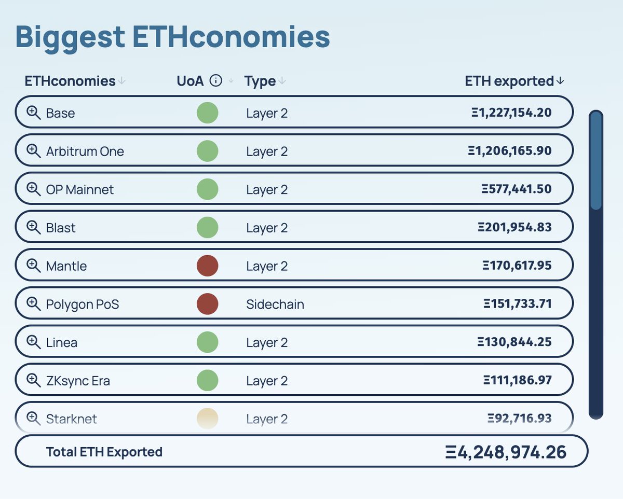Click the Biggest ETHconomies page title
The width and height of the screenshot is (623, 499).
[x=172, y=37]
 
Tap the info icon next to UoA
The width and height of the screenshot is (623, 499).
[x=216, y=81]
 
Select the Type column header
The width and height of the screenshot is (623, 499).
[x=260, y=81]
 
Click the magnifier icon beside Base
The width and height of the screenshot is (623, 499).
[x=33, y=113]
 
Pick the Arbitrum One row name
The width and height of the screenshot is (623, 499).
[x=85, y=151]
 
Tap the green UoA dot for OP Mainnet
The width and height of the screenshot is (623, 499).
[x=207, y=189]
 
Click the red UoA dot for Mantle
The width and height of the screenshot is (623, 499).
[x=207, y=266]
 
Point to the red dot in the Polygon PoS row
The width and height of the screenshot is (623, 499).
[x=207, y=304]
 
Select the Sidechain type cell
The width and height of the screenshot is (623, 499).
[x=275, y=304]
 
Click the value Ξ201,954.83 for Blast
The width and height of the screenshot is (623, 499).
[x=514, y=227]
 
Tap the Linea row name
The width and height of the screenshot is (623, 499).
[x=61, y=342]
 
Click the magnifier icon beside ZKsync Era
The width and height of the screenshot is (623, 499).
[x=33, y=380]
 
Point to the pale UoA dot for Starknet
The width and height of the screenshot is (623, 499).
[x=207, y=418]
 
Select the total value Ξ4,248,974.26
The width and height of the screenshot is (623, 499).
[x=506, y=452]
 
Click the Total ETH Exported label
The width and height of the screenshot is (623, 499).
[x=104, y=452]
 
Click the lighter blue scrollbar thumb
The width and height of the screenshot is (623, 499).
[x=596, y=161]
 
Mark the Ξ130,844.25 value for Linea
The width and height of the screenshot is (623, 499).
[x=514, y=342]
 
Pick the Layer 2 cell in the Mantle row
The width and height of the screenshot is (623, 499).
[x=266, y=266]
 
